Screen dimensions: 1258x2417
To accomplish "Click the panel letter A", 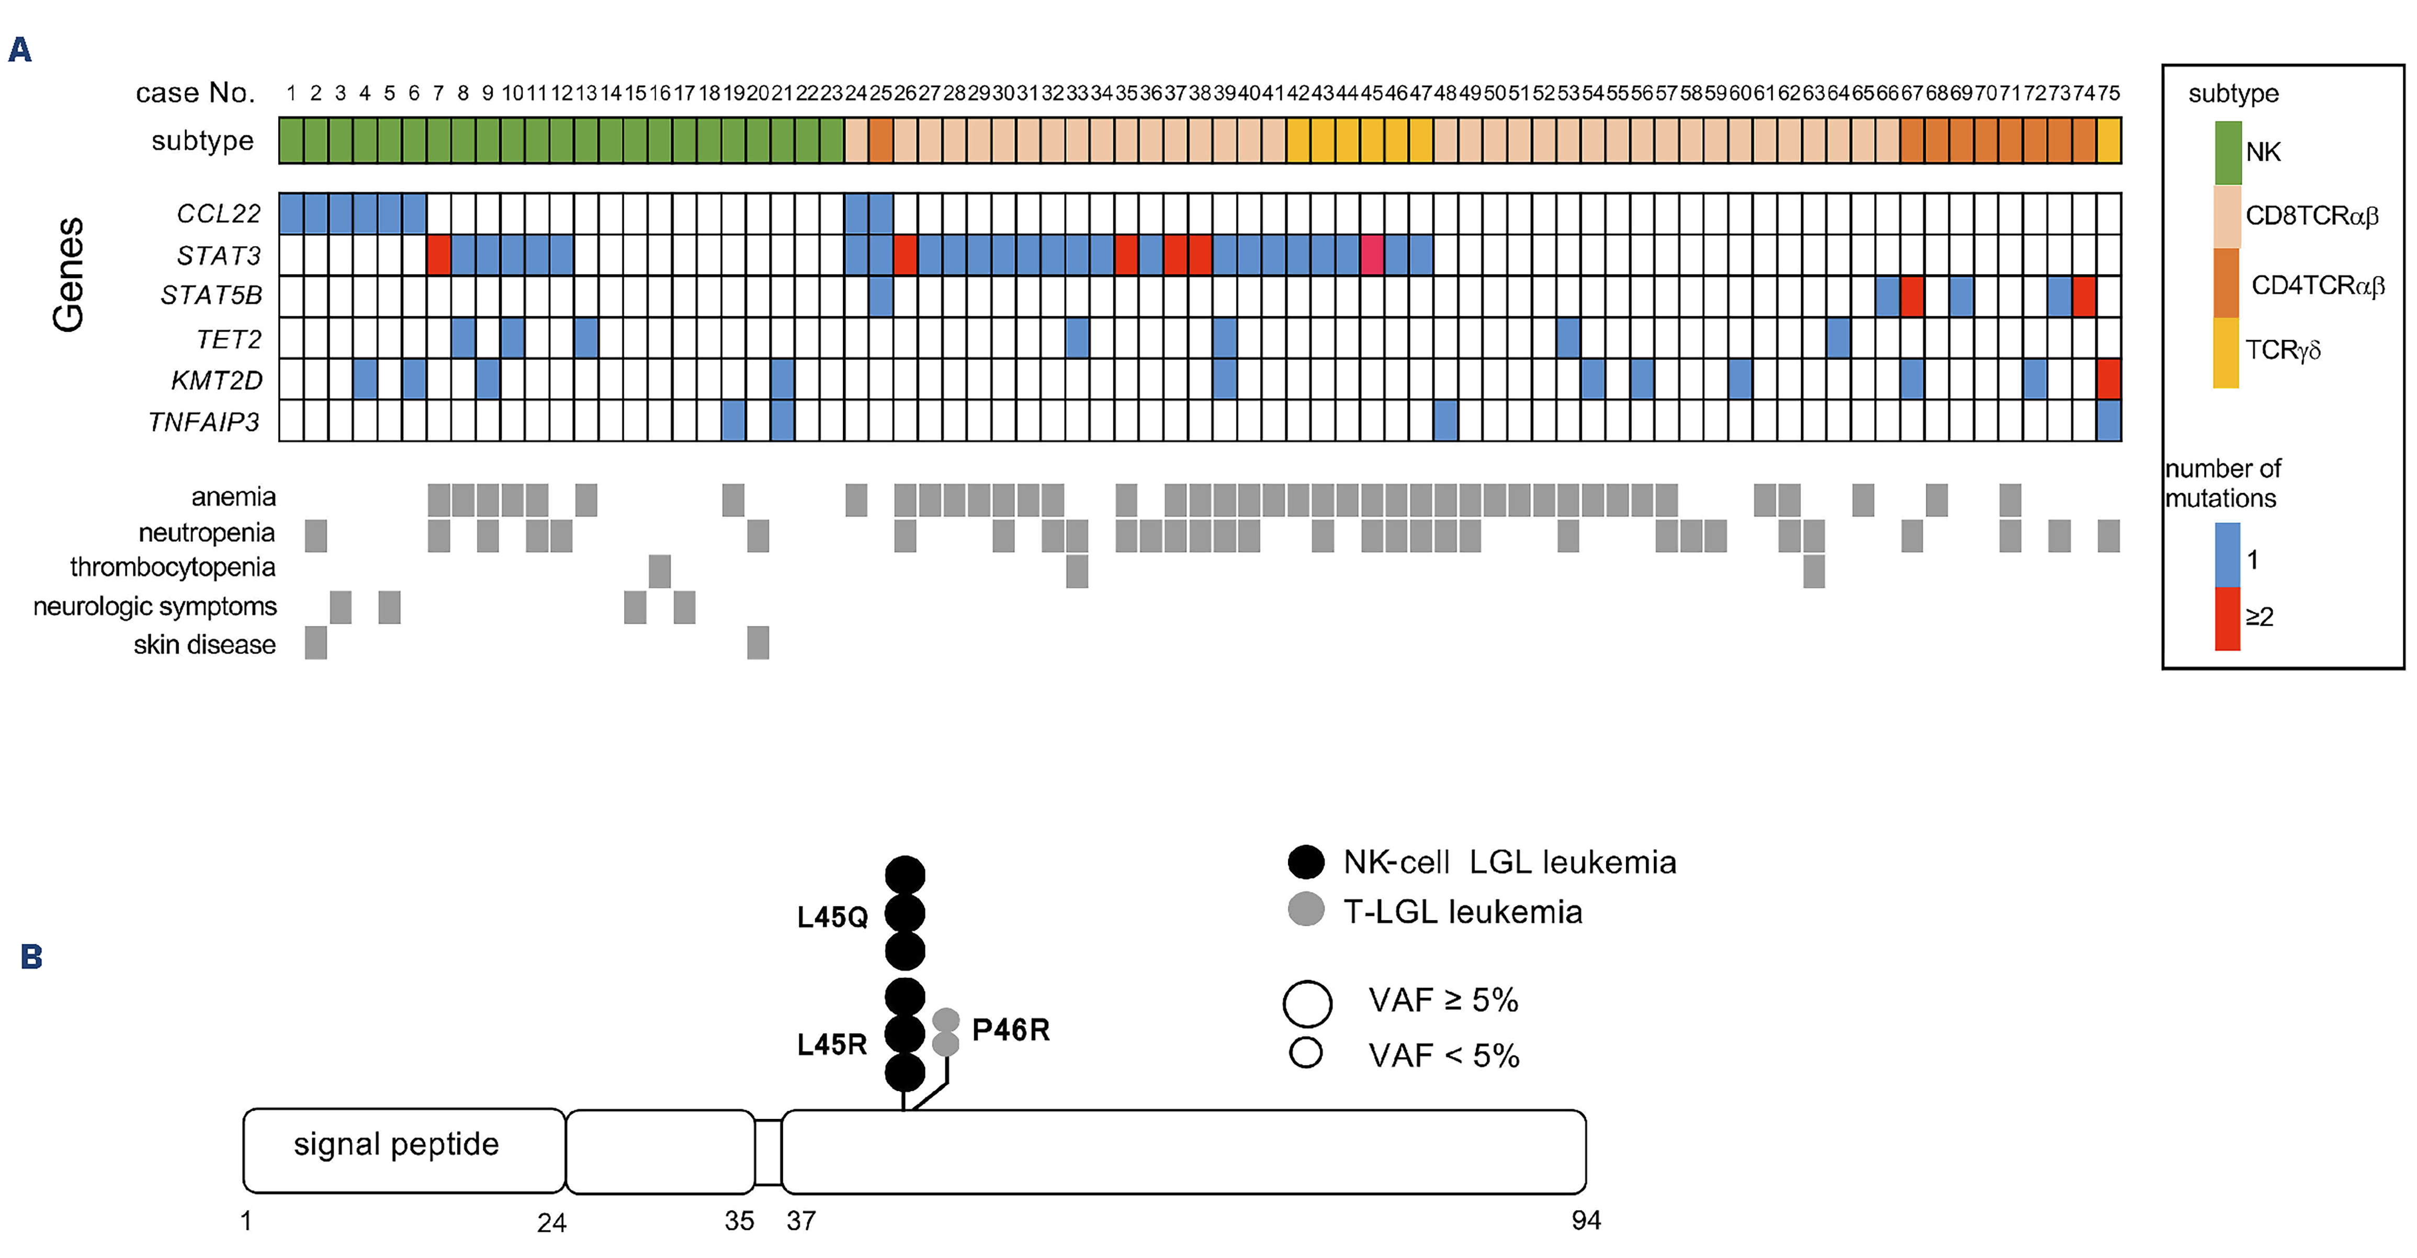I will point(20,50).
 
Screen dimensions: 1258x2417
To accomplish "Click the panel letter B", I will point(31,956).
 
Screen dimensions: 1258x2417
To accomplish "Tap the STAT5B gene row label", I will point(211,296).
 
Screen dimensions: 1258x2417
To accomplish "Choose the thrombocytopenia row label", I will point(173,568).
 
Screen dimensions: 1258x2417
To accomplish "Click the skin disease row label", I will point(205,644).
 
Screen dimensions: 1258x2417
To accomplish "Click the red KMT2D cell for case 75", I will point(2108,379).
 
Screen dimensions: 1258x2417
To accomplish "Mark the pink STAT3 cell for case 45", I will point(1372,255).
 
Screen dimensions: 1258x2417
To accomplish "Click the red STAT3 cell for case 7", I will point(439,255).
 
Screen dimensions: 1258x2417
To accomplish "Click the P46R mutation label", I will point(1011,1030).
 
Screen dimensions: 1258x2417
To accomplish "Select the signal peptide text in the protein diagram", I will point(396,1144).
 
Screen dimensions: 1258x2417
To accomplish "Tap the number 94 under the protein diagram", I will point(1586,1220).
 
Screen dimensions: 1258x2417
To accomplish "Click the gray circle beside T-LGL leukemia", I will point(1306,909).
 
